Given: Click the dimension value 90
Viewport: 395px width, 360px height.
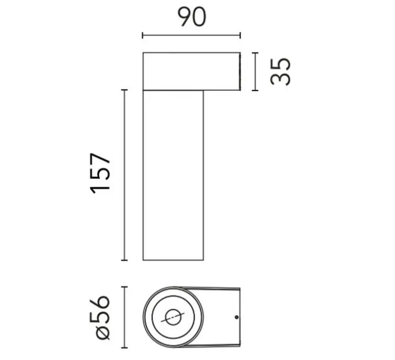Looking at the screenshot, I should click(191, 17).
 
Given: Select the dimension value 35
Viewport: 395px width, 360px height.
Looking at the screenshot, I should click(281, 71).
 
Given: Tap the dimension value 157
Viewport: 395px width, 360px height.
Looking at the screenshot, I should click(101, 173).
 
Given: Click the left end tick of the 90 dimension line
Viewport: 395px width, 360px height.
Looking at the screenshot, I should click(142, 36).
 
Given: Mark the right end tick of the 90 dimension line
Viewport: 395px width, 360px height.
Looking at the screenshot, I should click(241, 36).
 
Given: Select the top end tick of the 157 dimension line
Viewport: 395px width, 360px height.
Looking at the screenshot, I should click(125, 90).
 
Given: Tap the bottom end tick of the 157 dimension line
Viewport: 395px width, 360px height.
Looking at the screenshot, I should click(125, 260).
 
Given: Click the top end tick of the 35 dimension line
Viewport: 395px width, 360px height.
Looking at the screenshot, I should click(255, 52).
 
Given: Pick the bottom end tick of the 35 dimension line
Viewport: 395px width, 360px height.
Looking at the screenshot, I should click(255, 90).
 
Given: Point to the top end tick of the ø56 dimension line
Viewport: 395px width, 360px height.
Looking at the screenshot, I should click(125, 287).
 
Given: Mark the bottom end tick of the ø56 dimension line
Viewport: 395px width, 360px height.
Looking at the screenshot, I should click(125, 349).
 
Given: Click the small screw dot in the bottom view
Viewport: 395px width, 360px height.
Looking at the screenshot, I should click(236, 318).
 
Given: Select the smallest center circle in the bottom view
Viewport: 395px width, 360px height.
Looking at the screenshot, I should click(173, 318).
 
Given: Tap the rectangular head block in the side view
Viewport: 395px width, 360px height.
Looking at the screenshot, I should click(191, 71).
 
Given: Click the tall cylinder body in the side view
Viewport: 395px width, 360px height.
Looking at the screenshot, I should click(173, 175).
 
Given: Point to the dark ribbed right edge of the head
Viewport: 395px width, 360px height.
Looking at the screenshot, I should click(240, 71).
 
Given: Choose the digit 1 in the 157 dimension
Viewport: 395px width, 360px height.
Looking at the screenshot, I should click(101, 187).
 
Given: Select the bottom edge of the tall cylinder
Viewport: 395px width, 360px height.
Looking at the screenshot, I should click(173, 260).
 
